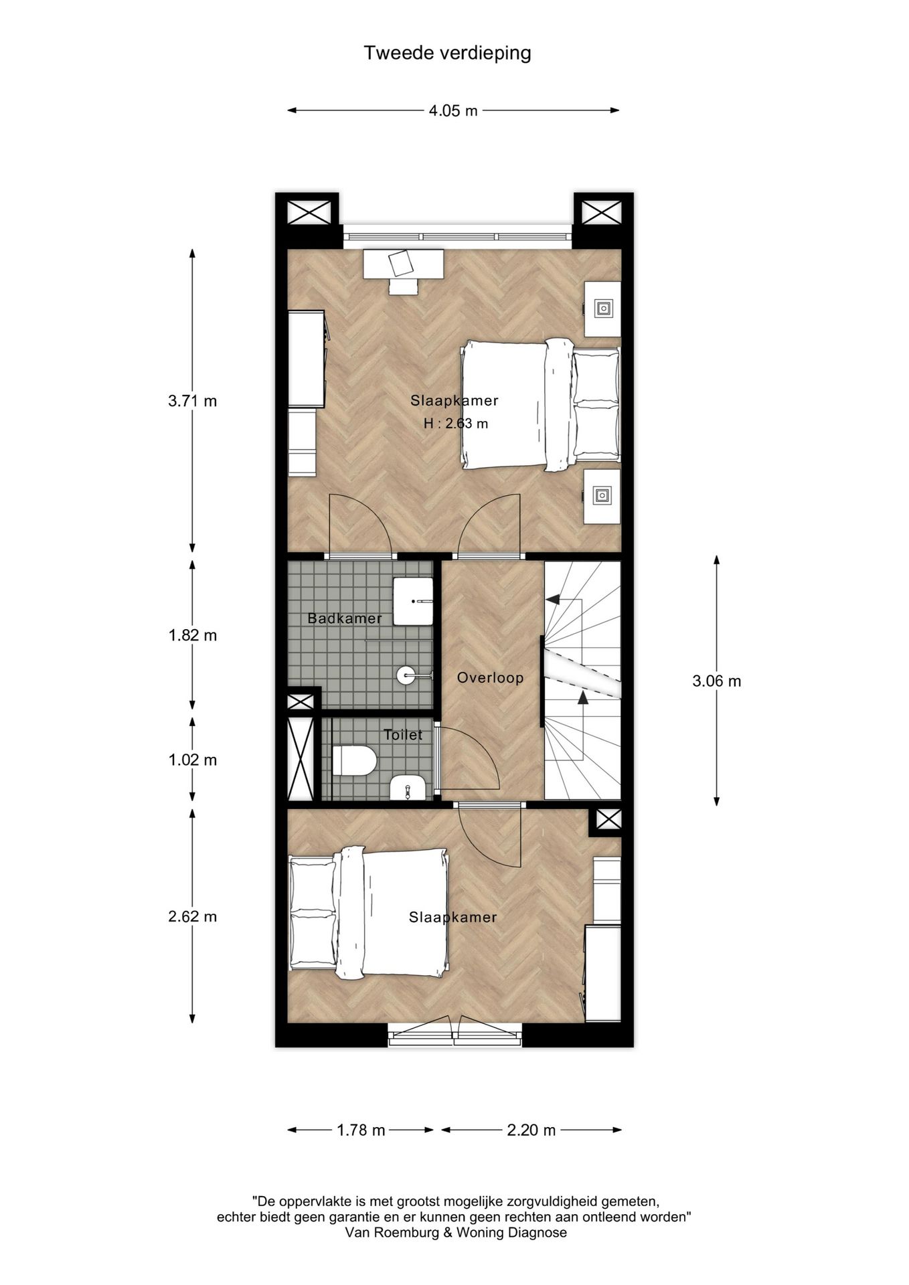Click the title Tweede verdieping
447,53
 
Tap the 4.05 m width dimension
453,111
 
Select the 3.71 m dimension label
193,402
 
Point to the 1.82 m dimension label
193,635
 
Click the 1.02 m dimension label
193,760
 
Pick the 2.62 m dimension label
193,917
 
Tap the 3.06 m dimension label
716,681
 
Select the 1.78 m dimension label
361,1130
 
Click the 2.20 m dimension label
531,1130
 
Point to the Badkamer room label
345,618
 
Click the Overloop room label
490,678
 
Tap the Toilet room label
403,735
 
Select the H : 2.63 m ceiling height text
455,424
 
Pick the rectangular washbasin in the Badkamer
413,602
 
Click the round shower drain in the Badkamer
406,675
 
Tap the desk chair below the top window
404,286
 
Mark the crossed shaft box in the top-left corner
309,213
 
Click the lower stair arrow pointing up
582,698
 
